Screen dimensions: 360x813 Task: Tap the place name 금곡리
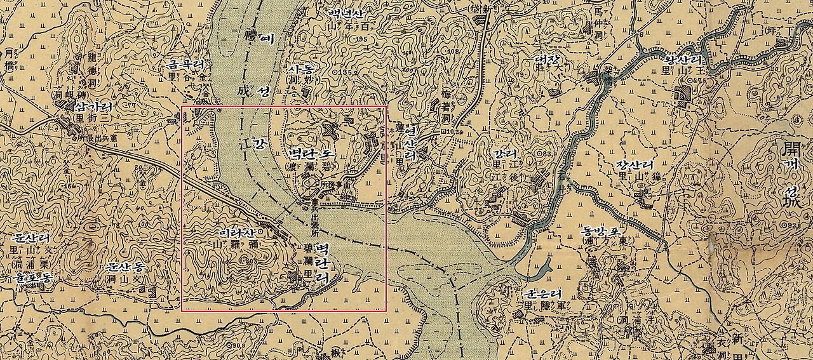coord(185,65)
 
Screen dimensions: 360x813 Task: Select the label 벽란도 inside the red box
coord(312,154)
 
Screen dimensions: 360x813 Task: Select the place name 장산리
coord(633,166)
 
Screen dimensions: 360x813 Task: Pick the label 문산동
coord(126,267)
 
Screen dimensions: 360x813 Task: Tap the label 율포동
coord(30,277)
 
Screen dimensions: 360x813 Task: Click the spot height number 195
coord(363,40)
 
